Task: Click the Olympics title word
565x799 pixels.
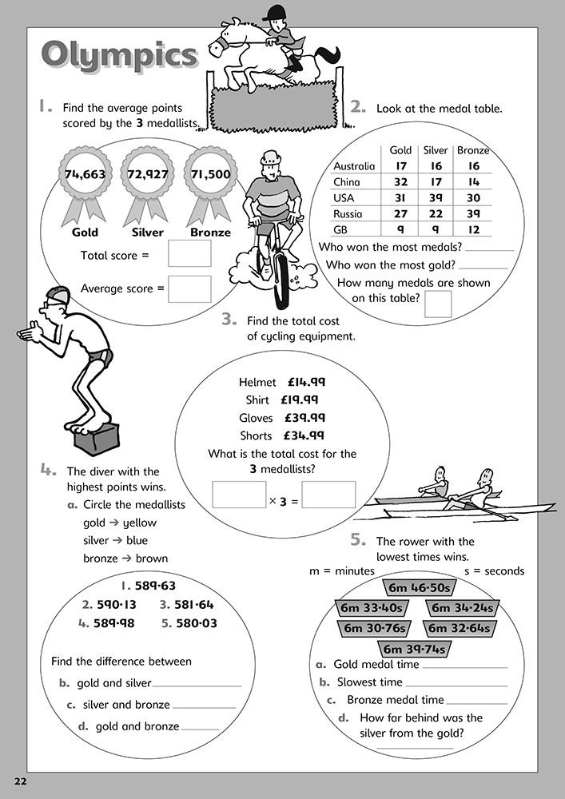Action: (x=118, y=56)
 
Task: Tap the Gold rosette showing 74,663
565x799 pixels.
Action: (x=85, y=174)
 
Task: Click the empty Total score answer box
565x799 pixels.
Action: (x=189, y=253)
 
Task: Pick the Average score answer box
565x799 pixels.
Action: (x=189, y=288)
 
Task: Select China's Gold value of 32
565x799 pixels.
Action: (x=400, y=181)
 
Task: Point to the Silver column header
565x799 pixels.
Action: (x=436, y=150)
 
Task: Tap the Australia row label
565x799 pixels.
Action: (x=354, y=166)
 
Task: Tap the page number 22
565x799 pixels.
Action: (x=18, y=779)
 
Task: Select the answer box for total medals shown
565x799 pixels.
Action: (x=438, y=304)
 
